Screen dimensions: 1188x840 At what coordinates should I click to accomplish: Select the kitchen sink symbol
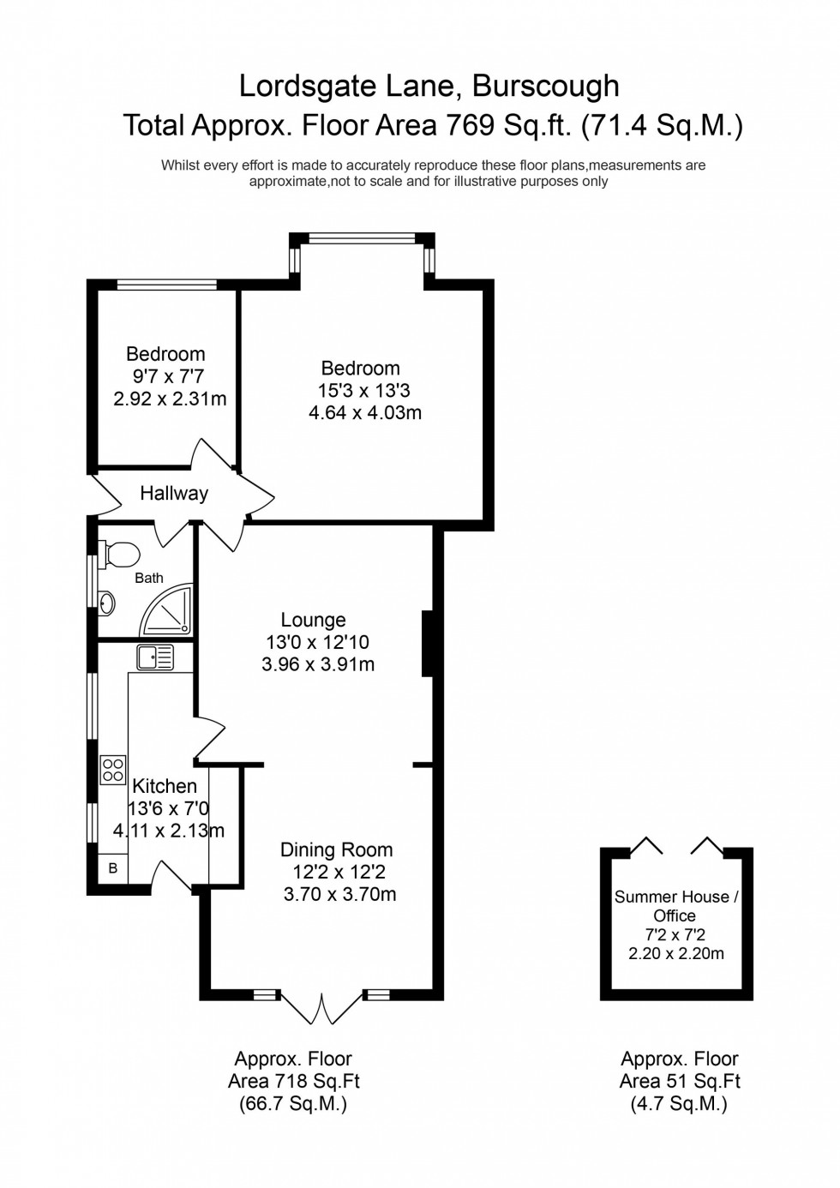154,657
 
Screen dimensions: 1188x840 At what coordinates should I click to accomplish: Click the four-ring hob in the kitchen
113,769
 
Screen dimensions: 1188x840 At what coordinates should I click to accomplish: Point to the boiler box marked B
112,868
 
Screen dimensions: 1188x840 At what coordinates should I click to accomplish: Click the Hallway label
174,494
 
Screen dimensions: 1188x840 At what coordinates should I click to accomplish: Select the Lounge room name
314,620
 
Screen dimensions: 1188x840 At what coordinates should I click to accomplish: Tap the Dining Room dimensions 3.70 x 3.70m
339,895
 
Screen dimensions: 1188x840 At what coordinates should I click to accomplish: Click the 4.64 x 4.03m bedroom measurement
365,413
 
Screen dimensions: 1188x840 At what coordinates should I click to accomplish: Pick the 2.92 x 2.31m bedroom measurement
170,399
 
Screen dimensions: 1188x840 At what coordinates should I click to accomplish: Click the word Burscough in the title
546,87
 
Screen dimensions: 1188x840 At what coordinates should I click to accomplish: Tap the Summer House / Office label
676,906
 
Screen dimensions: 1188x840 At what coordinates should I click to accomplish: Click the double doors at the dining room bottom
322,1009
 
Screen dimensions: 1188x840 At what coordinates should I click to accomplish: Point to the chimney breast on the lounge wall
428,643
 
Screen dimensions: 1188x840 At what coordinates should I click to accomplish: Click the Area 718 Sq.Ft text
292,1082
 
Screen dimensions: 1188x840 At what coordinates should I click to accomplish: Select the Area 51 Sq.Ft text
680,1082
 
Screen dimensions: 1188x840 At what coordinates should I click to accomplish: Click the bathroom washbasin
107,603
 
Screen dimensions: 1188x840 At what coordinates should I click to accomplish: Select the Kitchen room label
165,786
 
